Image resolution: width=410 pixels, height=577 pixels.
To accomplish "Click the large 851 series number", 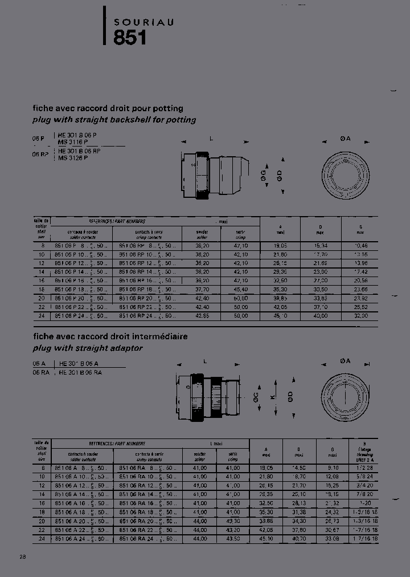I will pyautogui.click(x=130, y=38).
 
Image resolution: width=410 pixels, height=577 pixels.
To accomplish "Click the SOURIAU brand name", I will pyautogui.click(x=143, y=22).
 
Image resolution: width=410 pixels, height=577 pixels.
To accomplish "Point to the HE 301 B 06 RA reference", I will pyautogui.click(x=80, y=372).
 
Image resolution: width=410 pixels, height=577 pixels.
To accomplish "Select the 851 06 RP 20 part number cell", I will pyautogui.click(x=147, y=298).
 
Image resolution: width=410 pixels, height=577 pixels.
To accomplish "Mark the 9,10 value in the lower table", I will pyautogui.click(x=333, y=468).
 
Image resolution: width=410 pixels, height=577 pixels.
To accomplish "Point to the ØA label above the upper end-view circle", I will pyautogui.click(x=345, y=139).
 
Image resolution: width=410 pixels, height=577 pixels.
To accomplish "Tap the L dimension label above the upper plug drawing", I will pyautogui.click(x=211, y=139).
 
